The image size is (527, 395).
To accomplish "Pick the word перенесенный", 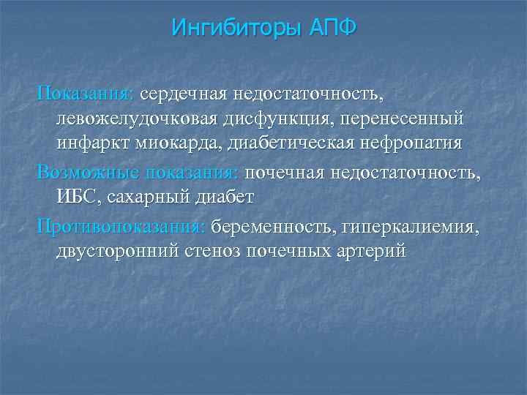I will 402,118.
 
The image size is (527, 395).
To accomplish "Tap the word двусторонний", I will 116,251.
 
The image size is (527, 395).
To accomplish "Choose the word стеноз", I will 212,251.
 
